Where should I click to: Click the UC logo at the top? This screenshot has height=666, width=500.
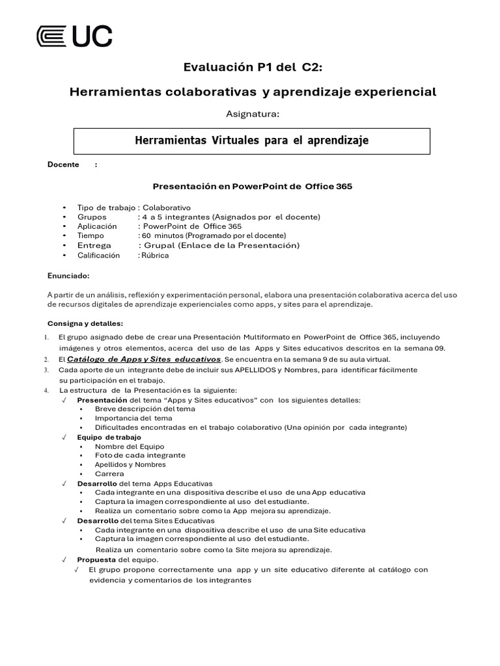[x=74, y=36]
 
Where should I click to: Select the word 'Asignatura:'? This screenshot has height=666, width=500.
[x=252, y=114]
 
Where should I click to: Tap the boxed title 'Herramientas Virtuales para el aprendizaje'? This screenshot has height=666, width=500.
[x=251, y=140]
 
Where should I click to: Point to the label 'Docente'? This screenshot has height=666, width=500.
[x=63, y=165]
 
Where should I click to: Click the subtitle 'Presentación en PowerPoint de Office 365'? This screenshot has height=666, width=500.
[x=252, y=186]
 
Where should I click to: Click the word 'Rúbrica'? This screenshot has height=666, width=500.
[x=156, y=256]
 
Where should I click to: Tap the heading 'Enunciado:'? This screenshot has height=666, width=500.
[x=68, y=275]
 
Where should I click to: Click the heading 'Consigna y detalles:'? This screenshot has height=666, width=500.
[x=85, y=323]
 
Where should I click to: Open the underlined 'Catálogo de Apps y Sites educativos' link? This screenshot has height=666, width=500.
[x=145, y=359]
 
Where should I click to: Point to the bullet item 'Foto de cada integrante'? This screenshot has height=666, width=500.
[x=139, y=455]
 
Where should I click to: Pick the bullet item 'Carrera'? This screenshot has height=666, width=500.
[x=109, y=474]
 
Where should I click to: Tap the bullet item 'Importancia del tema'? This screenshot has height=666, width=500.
[x=133, y=418]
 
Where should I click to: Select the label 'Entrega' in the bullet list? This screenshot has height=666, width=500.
[x=94, y=245]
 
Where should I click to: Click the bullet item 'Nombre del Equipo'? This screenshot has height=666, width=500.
[x=130, y=446]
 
